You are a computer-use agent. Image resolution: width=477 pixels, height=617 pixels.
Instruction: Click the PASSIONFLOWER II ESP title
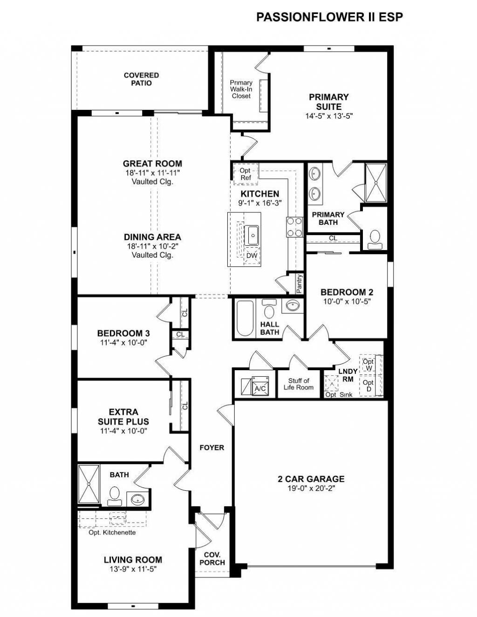(x=329, y=17)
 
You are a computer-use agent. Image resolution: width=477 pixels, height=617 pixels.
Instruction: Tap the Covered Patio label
(x=141, y=79)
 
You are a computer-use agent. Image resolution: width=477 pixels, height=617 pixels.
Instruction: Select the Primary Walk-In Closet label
(x=241, y=89)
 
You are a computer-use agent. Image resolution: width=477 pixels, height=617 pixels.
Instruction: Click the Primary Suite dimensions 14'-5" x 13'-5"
(x=329, y=116)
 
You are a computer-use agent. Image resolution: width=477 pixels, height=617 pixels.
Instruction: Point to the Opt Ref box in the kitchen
(x=245, y=174)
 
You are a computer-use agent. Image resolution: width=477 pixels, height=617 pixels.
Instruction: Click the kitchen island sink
(x=252, y=235)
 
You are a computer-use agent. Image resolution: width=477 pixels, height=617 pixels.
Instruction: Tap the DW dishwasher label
(x=252, y=256)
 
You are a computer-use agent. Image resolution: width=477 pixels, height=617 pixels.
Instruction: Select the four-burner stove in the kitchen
(x=294, y=228)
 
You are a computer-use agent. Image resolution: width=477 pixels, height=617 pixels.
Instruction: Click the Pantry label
(x=299, y=284)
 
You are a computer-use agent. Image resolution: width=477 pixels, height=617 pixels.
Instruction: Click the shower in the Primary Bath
(x=375, y=183)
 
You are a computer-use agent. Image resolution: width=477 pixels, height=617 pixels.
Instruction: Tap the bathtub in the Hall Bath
(x=245, y=318)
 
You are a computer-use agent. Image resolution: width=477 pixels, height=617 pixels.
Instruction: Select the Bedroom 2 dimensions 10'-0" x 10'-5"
(x=347, y=302)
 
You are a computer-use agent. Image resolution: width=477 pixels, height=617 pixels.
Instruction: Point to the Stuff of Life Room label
(x=298, y=384)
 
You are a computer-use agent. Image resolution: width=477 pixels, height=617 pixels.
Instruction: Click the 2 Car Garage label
(x=311, y=479)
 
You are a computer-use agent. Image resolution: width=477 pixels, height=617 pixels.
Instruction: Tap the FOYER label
(x=211, y=447)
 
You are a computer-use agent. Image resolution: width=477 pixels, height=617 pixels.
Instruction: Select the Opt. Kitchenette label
(x=112, y=532)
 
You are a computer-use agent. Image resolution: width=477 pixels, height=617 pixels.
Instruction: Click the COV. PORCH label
(x=212, y=558)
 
